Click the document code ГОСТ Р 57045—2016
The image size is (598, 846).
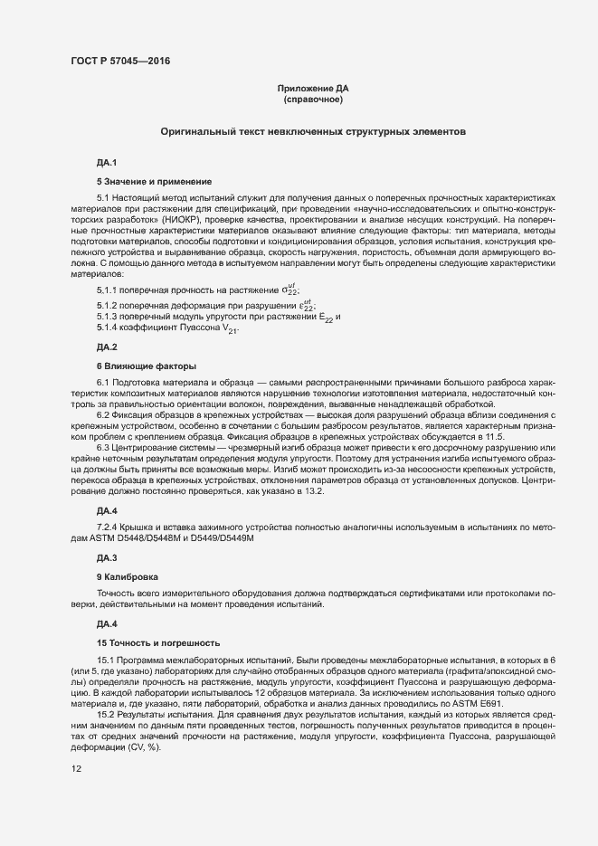point(119,62)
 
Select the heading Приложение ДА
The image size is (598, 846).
point(312,88)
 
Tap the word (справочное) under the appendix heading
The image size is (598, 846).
point(312,99)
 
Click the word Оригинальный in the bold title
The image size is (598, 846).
point(196,131)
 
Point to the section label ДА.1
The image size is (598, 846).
point(107,162)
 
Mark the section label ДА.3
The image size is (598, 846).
point(107,557)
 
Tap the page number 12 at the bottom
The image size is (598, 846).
point(77,769)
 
